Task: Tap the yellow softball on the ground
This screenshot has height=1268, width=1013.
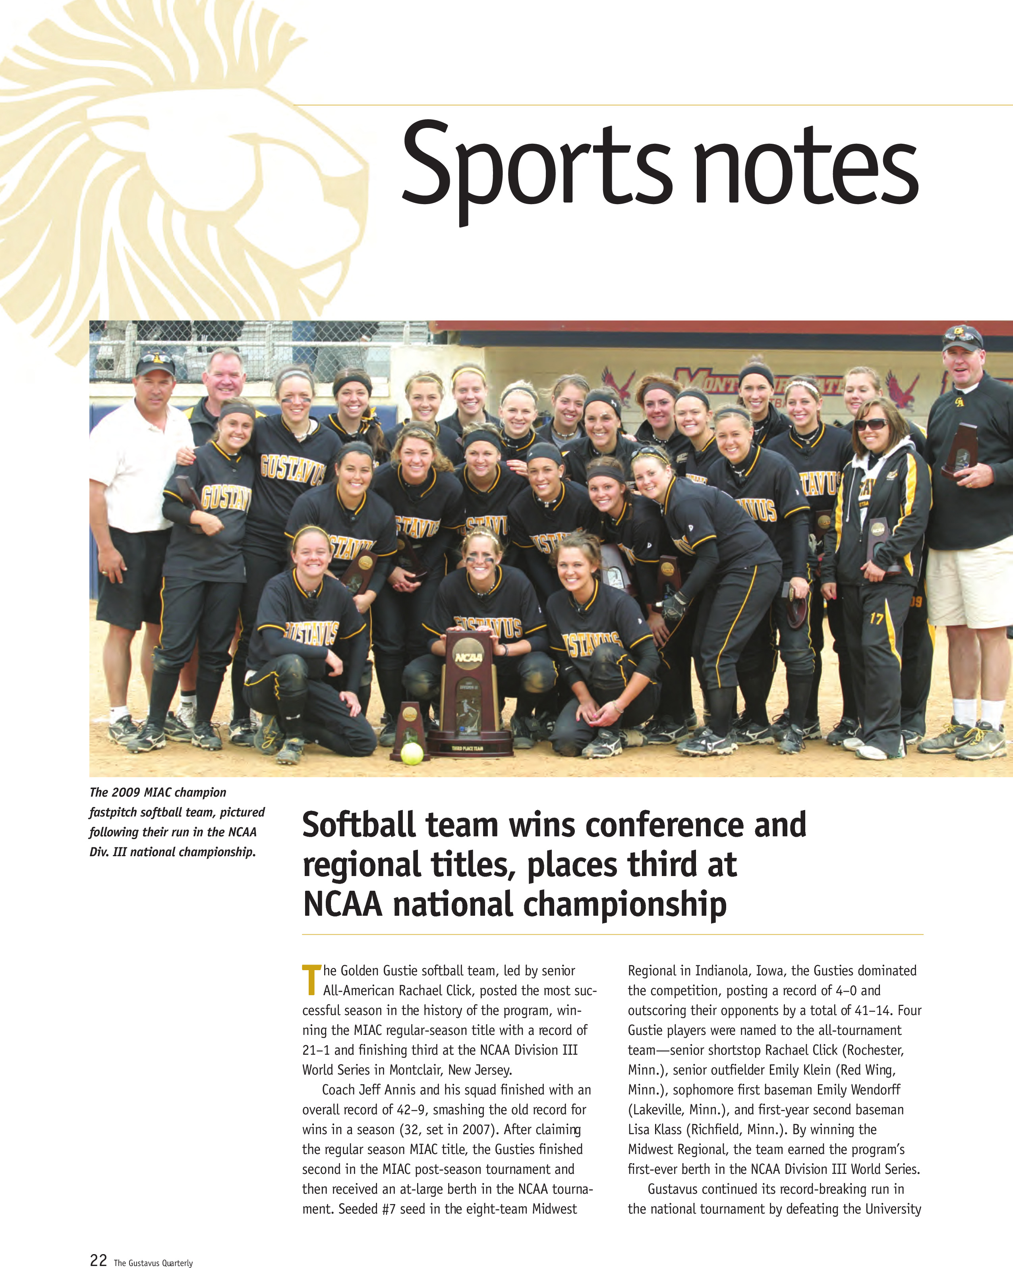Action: (x=412, y=753)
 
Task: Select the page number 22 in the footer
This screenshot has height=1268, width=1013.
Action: (x=98, y=1260)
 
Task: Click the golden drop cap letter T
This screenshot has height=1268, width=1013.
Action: (x=311, y=980)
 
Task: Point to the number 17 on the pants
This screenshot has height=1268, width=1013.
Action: (x=876, y=618)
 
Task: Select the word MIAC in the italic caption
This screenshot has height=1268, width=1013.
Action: (x=159, y=792)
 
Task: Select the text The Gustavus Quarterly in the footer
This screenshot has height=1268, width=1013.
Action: (x=153, y=1262)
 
